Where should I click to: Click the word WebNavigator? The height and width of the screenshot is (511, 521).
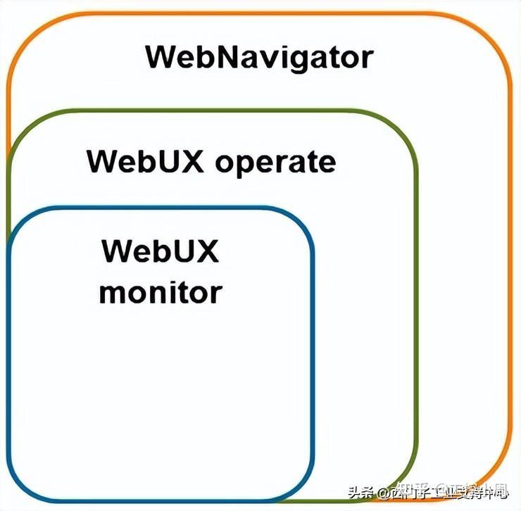(258, 56)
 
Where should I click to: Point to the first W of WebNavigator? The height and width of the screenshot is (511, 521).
(161, 56)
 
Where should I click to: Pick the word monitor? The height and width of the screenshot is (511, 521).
(161, 291)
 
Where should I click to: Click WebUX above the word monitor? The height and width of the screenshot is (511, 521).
(161, 251)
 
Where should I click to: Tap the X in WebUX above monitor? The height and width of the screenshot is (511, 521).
(206, 251)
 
